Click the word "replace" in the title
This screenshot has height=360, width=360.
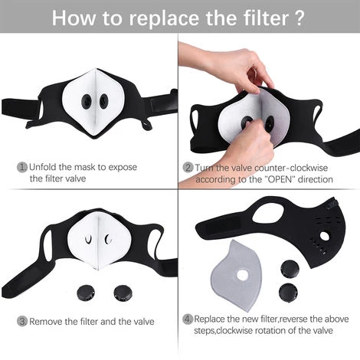click(165, 18)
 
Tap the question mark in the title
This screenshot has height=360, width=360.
click(300, 17)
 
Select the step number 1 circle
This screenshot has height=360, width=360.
click(22, 168)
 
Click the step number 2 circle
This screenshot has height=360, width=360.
click(188, 168)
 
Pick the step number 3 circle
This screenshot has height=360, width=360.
click(22, 321)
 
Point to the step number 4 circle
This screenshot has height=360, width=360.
click(188, 319)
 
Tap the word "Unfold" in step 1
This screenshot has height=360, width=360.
click(42, 167)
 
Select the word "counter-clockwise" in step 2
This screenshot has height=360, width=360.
click(291, 168)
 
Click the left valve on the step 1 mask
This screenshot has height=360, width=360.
click(87, 101)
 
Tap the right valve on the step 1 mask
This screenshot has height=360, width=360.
click(103, 100)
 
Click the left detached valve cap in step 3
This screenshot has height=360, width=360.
click(86, 293)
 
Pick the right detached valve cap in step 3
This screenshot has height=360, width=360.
click(123, 293)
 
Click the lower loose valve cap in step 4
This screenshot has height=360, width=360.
click(288, 293)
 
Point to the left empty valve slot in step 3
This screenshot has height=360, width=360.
click(88, 239)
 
